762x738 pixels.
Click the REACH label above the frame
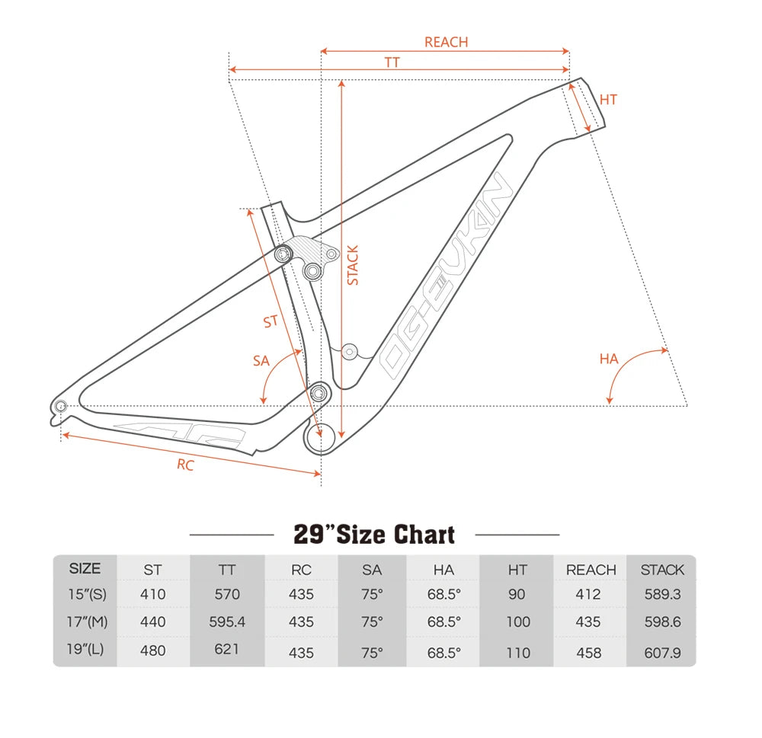[446, 42]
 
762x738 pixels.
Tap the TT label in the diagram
[392, 62]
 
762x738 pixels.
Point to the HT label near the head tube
[608, 100]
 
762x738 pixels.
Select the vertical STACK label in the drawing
[352, 265]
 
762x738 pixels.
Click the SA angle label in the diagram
[261, 361]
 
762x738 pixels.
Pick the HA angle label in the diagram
[609, 359]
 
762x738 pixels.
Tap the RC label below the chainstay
[185, 465]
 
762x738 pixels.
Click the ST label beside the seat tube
[271, 321]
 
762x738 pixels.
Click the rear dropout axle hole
[61, 406]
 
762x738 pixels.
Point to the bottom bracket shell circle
[320, 438]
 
